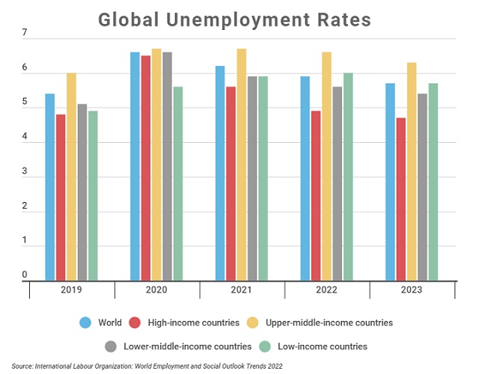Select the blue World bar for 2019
tap(50, 187)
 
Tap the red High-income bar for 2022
tap(317, 196)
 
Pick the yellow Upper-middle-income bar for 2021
tap(242, 165)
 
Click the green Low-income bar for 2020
tap(177, 183)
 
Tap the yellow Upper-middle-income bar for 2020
tap(156, 165)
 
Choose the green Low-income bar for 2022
tap(348, 177)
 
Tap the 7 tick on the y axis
tap(25, 34)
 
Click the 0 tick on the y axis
tap(25, 275)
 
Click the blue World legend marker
tap(86, 323)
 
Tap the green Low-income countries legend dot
tap(263, 346)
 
